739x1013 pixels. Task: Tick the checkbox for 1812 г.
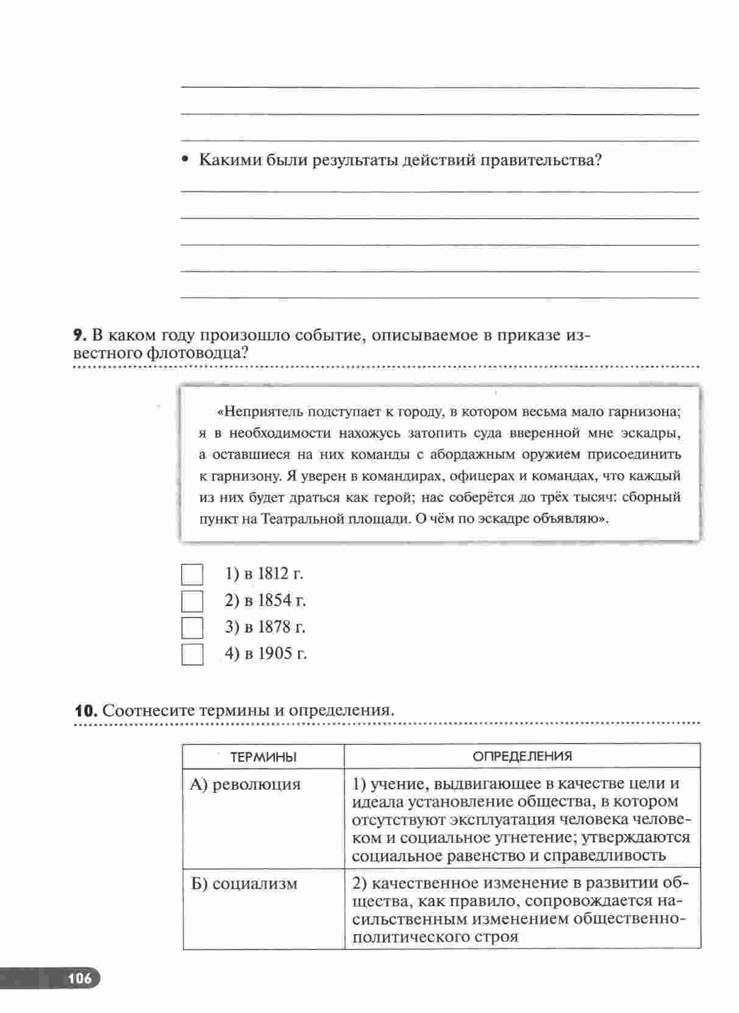(x=192, y=574)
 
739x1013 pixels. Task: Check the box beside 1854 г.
(x=192, y=601)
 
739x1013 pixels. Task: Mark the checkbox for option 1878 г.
(x=192, y=627)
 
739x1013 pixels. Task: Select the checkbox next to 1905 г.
(x=192, y=654)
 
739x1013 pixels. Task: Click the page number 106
(x=80, y=979)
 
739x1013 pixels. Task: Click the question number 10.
(x=84, y=711)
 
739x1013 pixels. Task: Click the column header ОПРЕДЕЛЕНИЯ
(x=523, y=757)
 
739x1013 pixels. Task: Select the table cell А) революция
(x=246, y=784)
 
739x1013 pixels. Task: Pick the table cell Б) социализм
(x=245, y=884)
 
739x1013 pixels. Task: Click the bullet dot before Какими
(x=185, y=161)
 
